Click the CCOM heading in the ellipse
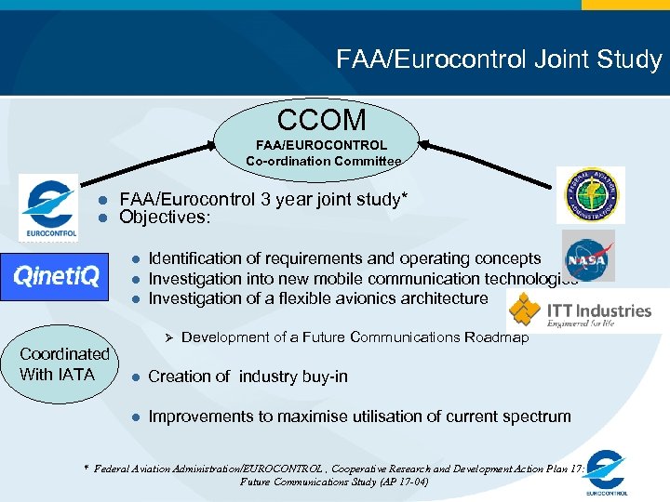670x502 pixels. pos(322,120)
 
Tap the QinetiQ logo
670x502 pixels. pos(56,277)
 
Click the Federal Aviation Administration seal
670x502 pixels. pos(590,195)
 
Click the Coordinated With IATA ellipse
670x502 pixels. pos(64,364)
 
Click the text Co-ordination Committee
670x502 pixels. pos(324,161)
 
